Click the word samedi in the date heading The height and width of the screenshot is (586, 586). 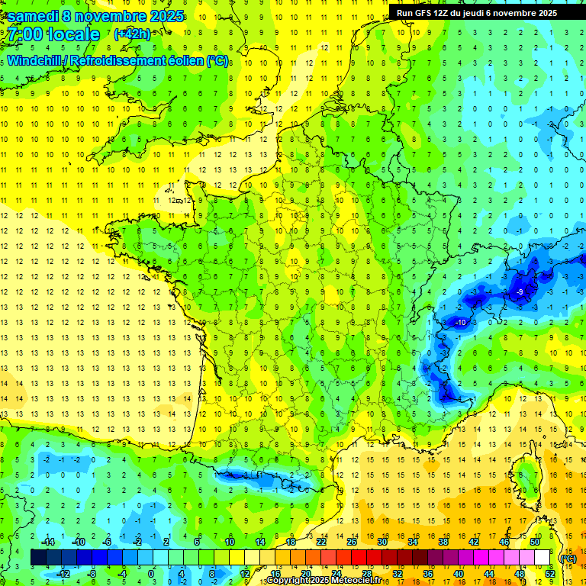pyautogui.click(x=31, y=16)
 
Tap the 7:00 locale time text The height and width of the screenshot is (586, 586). pyautogui.click(x=53, y=34)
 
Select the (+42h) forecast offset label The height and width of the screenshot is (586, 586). pyautogui.click(x=132, y=34)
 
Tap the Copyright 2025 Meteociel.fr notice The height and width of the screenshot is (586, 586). pyautogui.click(x=324, y=581)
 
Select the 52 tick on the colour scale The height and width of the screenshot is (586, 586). pyautogui.click(x=549, y=574)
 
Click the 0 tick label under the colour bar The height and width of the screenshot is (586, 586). pyautogui.click(x=150, y=574)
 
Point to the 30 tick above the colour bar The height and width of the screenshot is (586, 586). pyautogui.click(x=382, y=542)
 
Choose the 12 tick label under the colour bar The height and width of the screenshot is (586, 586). pyautogui.click(x=244, y=574)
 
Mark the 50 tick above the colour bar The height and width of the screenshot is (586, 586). pyautogui.click(x=534, y=542)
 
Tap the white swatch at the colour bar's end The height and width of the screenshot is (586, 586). pyautogui.click(x=542, y=558)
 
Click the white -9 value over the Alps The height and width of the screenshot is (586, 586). pyautogui.click(x=519, y=292)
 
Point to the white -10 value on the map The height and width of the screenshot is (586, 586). pyautogui.click(x=460, y=323)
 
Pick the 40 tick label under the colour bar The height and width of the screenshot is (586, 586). pyautogui.click(x=458, y=574)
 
